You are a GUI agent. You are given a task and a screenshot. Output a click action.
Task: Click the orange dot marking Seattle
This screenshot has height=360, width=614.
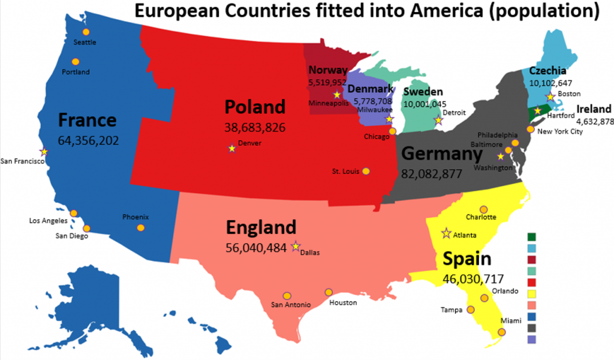[86, 32]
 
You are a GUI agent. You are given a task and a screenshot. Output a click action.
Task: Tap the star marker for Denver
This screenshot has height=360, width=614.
[232, 148]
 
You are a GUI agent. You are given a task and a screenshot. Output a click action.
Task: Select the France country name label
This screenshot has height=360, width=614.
[87, 121]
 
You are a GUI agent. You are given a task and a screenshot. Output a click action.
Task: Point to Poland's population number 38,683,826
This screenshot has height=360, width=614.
[255, 127]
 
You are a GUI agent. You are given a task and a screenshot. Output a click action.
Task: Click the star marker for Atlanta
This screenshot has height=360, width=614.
[446, 233]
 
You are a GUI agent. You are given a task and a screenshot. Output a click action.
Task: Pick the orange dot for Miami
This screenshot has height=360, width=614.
[501, 332]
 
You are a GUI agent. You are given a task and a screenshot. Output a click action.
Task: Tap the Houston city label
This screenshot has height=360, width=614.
[343, 303]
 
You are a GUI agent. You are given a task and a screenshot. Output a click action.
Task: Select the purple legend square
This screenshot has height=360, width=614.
[531, 339]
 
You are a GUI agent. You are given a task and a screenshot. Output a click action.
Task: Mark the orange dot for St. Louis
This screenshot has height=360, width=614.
[366, 171]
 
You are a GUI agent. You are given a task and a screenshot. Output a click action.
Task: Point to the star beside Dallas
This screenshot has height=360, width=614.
[295, 246]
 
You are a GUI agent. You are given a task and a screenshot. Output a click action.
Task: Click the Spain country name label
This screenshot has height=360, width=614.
[467, 259]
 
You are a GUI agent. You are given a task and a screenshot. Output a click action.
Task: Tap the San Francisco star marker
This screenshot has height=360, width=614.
[43, 152]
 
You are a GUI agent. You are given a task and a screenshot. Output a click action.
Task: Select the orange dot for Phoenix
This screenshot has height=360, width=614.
[140, 227]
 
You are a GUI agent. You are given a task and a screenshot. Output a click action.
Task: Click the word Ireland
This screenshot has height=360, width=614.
[594, 109]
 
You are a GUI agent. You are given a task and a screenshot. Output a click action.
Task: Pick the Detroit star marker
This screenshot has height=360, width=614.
[438, 121]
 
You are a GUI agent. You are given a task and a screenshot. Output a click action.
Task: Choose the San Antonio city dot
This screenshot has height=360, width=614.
[287, 295]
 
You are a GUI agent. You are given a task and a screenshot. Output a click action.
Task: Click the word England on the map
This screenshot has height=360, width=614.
[261, 227]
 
